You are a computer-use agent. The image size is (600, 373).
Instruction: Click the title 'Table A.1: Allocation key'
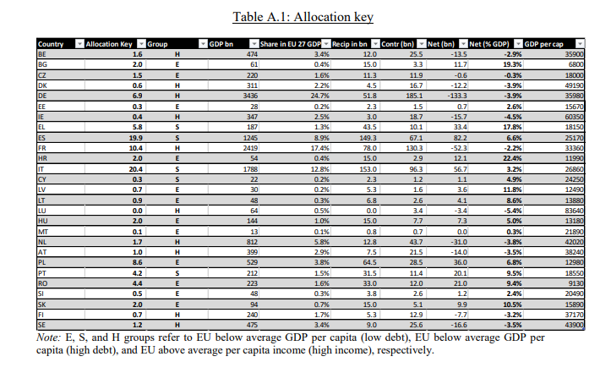point(303,17)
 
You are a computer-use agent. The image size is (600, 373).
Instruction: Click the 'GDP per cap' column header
point(543,44)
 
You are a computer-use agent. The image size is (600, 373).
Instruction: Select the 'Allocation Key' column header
point(109,44)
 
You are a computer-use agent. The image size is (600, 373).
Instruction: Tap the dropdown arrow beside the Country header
point(79,44)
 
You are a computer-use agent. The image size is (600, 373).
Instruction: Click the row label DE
point(41,96)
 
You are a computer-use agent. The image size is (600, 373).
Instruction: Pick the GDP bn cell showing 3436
point(250,96)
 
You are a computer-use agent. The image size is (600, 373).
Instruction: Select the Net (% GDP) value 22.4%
point(512,158)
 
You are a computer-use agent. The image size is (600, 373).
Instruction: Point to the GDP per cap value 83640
point(575,211)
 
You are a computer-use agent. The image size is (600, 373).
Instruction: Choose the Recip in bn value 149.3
point(368,138)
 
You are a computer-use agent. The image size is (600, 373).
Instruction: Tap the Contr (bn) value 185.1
point(414,96)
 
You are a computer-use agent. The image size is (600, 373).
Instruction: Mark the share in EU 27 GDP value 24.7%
point(320,96)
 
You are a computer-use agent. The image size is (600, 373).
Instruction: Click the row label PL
point(41,263)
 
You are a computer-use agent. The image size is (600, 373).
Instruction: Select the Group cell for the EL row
point(177,127)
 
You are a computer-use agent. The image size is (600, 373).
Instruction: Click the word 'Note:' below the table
point(49,337)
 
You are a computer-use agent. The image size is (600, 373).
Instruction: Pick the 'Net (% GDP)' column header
point(489,44)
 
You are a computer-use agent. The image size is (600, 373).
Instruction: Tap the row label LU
point(41,211)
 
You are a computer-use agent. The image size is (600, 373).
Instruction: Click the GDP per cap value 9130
point(576,284)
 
